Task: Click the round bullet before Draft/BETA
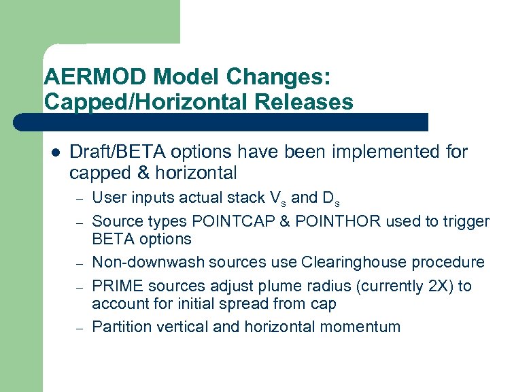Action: coord(56,152)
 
